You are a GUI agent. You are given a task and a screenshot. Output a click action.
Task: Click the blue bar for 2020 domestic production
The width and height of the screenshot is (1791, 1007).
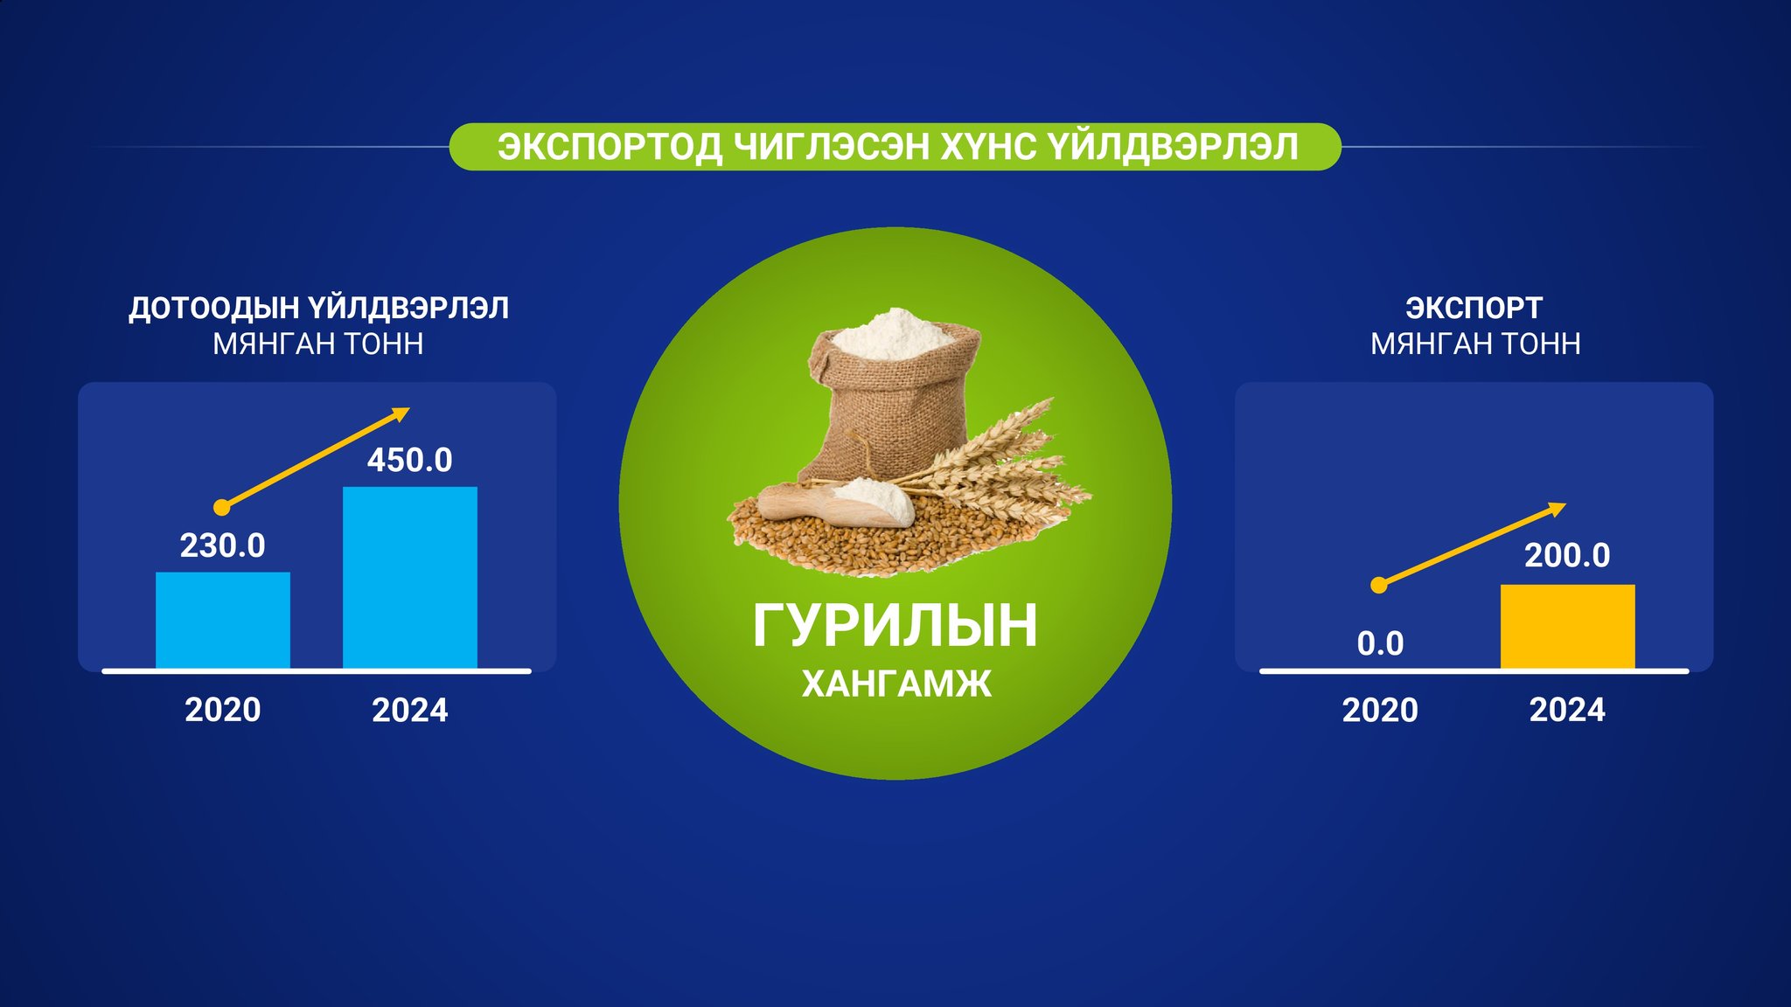(x=223, y=620)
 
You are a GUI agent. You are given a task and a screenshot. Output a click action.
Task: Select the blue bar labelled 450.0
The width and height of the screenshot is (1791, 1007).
(x=410, y=577)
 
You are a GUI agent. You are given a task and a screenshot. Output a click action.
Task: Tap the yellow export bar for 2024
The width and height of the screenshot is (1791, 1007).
(x=1567, y=626)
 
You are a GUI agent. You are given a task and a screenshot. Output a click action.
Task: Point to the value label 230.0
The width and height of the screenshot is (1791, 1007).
(x=222, y=545)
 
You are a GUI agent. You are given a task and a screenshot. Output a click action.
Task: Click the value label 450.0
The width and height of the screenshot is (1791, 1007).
(x=409, y=460)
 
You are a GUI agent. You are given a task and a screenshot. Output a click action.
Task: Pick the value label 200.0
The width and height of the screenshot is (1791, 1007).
(x=1567, y=555)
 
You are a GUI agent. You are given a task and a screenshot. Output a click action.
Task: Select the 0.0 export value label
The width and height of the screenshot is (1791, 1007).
(x=1380, y=643)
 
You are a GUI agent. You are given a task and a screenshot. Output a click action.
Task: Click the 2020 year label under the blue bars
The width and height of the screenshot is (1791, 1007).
(x=222, y=709)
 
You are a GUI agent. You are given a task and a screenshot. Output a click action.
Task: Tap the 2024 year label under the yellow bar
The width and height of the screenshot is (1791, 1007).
(x=1567, y=709)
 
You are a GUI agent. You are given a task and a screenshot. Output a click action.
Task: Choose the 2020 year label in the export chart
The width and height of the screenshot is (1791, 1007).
(x=1380, y=709)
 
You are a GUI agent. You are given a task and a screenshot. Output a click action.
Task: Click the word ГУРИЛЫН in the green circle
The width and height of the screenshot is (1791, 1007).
(x=895, y=625)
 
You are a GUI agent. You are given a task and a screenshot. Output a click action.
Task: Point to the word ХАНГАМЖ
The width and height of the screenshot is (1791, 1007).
(x=896, y=684)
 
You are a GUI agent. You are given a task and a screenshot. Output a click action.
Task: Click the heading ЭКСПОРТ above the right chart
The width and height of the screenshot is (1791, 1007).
(x=1474, y=308)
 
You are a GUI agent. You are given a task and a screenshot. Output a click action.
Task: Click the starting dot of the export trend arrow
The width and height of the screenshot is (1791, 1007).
(x=1379, y=585)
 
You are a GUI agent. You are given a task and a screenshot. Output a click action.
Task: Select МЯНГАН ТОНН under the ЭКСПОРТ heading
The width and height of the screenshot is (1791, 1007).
(x=1475, y=344)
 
